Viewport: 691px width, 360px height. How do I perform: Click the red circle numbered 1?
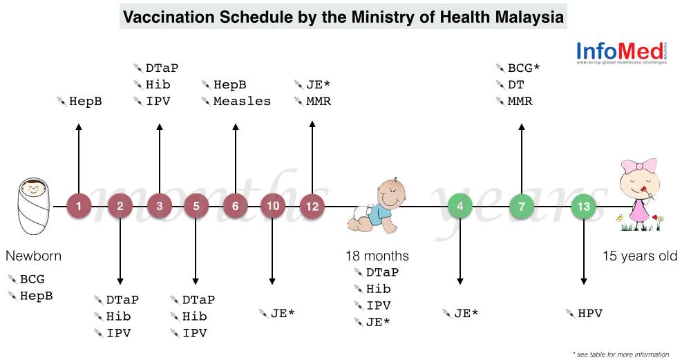79,206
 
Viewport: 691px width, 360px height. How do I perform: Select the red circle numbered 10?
273,206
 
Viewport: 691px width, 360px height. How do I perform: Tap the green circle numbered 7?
522,206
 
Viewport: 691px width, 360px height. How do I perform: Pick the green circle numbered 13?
583,206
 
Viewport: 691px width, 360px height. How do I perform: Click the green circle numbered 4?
460,206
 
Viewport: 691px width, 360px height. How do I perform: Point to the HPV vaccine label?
589,313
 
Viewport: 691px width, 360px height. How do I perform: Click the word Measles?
242,101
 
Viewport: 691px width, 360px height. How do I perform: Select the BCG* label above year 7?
524,68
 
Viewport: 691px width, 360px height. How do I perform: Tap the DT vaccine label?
515,84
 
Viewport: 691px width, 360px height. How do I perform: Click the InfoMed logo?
621,53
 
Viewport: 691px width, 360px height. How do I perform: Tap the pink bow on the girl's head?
639,168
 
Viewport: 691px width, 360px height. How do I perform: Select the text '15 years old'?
640,256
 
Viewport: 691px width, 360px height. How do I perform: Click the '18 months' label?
377,256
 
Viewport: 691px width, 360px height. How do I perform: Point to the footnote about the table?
621,354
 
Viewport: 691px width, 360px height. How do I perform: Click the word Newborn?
33,256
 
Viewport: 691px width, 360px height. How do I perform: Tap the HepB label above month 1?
86,102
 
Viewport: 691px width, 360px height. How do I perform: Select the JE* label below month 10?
283,313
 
